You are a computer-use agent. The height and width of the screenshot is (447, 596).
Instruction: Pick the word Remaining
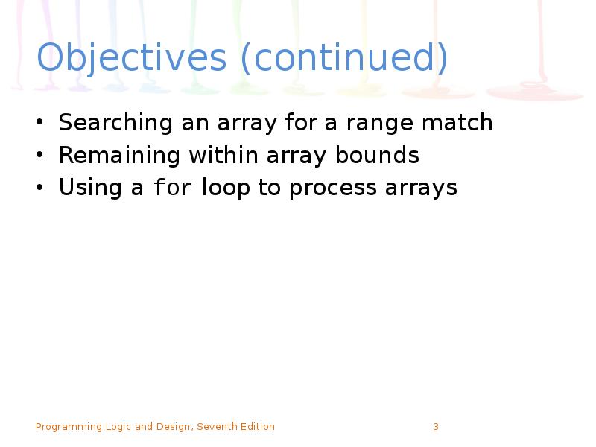(119, 156)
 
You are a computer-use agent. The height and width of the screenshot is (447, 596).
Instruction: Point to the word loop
(226, 188)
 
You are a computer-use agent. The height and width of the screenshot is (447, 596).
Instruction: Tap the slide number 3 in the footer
(436, 427)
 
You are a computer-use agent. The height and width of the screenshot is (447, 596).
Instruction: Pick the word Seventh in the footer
(216, 427)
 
